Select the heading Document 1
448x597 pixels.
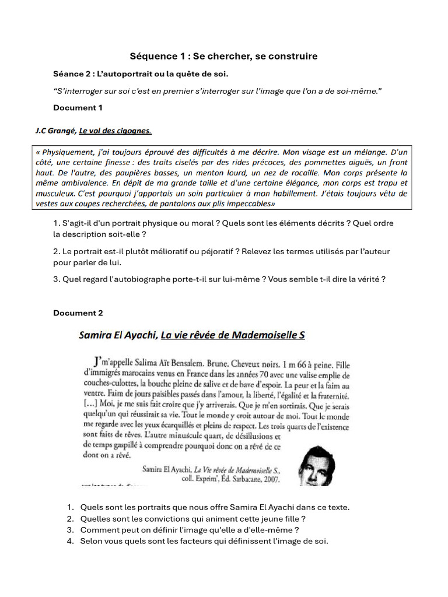[78, 108]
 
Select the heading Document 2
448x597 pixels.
[78, 313]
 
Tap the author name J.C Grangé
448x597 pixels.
[55, 131]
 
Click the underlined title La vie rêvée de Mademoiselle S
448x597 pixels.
[233, 335]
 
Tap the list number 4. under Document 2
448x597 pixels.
[70, 542]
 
